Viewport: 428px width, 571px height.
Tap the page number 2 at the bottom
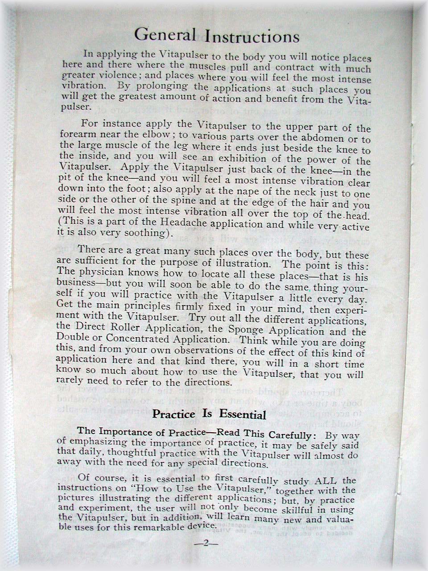(x=206, y=543)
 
